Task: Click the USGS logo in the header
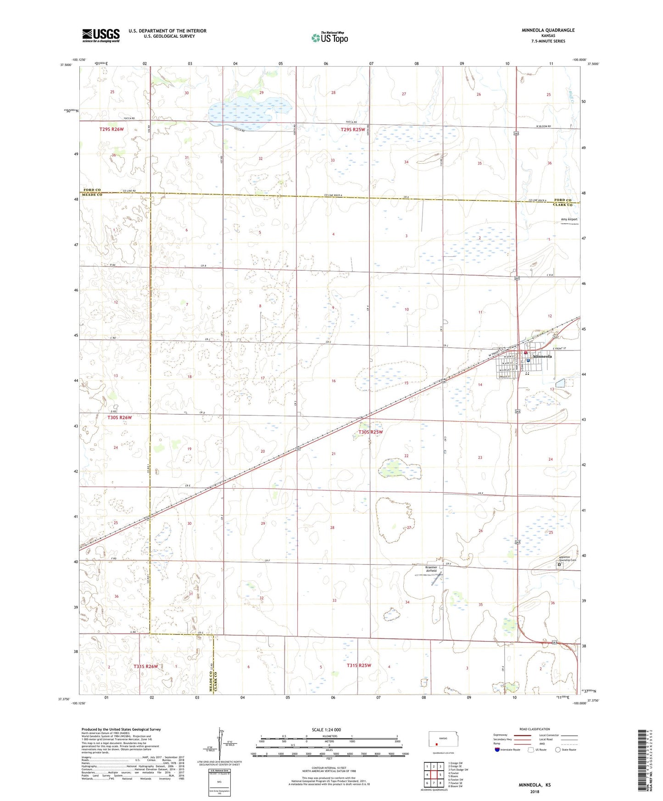click(101, 35)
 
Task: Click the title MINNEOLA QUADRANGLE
click(547, 30)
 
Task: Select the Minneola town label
click(542, 356)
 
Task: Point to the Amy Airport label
click(569, 219)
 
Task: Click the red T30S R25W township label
click(370, 432)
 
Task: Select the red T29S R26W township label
click(111, 129)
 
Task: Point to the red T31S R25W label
click(359, 665)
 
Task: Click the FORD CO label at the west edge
click(92, 190)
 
